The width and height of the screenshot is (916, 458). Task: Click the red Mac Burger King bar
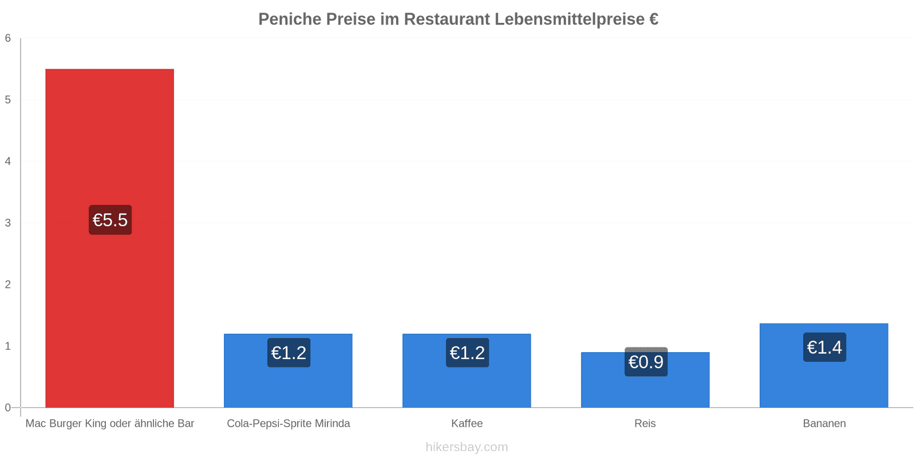coord(109,238)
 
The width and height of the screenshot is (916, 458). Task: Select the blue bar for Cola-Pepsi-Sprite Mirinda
coord(288,370)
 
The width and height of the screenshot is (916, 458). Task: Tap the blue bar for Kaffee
coord(467,370)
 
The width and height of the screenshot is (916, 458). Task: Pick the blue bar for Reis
coord(645,380)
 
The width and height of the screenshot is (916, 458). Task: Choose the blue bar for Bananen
coord(824,366)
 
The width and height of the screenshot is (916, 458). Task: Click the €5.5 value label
coord(110,220)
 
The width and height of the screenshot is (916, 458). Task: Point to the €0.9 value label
coord(646,362)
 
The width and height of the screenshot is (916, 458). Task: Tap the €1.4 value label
coord(824,347)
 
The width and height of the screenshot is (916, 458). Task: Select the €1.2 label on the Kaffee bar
coord(467,353)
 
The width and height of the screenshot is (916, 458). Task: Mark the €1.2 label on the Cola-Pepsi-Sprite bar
coord(289,353)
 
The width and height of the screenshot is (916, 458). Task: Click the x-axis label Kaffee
coord(467,423)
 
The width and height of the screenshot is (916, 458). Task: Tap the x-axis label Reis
coord(645,423)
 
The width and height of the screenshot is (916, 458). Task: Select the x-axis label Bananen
coord(824,423)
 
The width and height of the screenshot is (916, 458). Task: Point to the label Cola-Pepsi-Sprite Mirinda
coord(289,423)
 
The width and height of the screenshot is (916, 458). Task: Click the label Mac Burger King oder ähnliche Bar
coord(109,423)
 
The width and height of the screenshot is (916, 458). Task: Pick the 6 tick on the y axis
coord(8,38)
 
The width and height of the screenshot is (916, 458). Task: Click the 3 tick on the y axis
coord(8,223)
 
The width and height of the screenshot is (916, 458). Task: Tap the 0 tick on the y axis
coord(8,408)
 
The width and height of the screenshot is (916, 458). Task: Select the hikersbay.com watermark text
coord(467,447)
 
